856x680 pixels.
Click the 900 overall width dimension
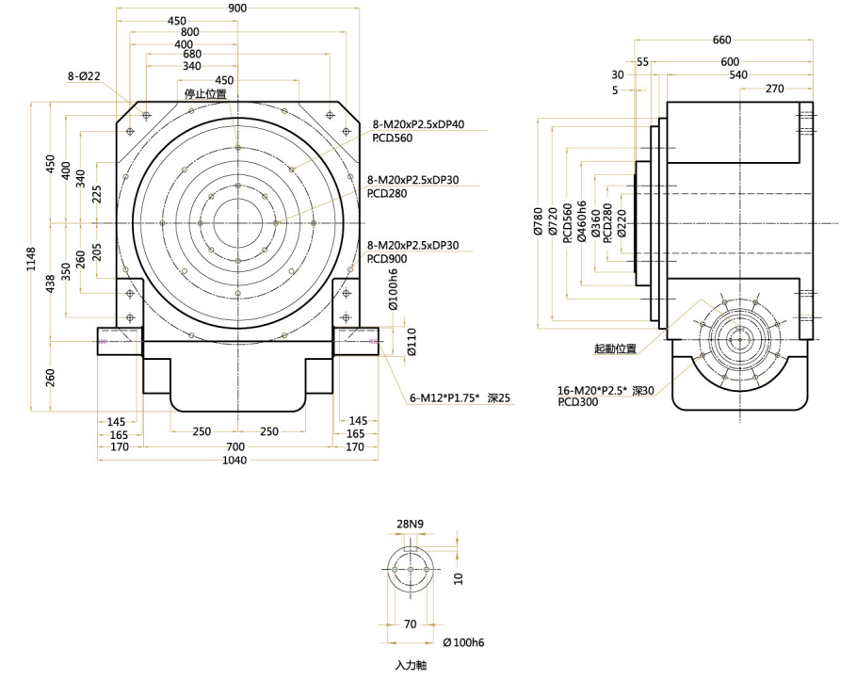(237, 8)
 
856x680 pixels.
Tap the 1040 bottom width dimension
(236, 461)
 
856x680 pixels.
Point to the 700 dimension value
(236, 446)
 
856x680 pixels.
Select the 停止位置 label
(204, 93)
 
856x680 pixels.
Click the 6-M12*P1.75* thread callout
(445, 399)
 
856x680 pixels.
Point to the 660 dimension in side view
(721, 40)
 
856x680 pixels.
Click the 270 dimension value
(775, 89)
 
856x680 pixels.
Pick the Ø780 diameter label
(539, 224)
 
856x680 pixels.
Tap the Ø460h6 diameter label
(581, 223)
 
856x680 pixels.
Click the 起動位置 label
(615, 348)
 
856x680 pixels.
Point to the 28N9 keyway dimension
(410, 524)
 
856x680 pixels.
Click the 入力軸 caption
(410, 665)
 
